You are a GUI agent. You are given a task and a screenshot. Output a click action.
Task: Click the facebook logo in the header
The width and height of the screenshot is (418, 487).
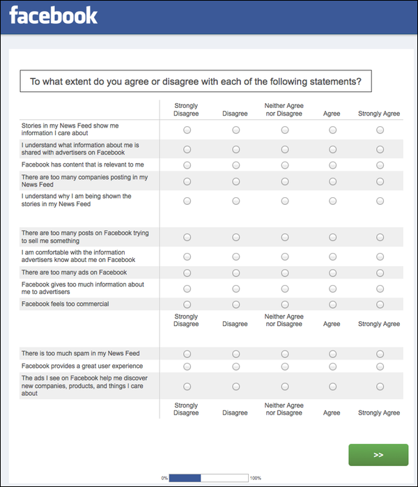53,15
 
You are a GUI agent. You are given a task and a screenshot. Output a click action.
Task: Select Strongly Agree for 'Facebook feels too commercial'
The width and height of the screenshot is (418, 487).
380,304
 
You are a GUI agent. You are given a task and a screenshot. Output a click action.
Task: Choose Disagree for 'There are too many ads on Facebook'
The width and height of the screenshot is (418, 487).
235,273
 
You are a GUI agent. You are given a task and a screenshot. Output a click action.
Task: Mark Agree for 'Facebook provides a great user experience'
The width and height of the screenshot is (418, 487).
332,366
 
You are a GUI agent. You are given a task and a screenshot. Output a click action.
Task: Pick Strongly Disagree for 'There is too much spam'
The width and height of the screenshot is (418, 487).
187,354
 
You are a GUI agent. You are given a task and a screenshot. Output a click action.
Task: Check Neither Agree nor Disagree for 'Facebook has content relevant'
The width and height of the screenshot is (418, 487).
284,165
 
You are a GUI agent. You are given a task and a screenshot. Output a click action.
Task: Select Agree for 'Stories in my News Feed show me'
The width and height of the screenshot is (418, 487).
332,130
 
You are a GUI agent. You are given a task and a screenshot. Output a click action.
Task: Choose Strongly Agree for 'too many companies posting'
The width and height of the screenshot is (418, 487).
380,182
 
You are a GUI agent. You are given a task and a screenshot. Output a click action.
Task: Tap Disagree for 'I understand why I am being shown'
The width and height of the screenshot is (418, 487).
235,201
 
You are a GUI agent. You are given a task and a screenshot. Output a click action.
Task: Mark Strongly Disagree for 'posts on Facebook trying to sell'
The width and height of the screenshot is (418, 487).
187,238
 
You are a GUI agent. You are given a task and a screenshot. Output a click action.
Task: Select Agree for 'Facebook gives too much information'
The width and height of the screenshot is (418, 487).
332,288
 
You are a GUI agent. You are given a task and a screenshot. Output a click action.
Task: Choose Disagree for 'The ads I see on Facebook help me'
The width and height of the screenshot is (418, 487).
235,386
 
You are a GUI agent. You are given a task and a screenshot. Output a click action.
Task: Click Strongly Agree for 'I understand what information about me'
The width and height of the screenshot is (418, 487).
380,149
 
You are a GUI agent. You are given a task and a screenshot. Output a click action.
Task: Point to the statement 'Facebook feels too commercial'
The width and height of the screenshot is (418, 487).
65,304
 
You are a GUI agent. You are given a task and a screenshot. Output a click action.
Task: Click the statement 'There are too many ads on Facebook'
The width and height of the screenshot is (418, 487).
74,272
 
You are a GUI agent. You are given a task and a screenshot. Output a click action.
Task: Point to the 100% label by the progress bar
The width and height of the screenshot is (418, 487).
256,478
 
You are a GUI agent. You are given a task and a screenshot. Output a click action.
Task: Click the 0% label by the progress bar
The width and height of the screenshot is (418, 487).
164,478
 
